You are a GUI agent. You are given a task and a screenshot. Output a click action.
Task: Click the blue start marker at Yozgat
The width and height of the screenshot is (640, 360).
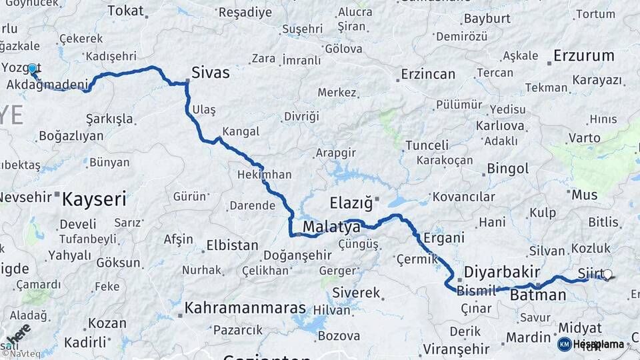tap(31, 68)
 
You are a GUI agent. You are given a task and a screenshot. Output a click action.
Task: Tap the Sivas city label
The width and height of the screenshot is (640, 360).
tap(210, 73)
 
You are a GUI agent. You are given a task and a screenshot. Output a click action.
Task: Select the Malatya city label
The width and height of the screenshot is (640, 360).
tap(331, 228)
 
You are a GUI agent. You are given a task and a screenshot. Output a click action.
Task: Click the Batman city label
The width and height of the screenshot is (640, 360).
tap(537, 295)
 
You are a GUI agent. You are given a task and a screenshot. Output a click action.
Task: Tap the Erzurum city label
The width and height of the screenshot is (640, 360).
tap(583, 56)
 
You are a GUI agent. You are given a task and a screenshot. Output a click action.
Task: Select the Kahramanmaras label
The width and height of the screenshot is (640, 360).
tap(245, 309)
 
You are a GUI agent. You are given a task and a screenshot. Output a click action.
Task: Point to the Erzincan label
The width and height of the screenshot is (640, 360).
tap(427, 74)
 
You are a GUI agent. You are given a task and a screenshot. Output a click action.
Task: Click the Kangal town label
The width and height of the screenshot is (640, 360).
tap(241, 131)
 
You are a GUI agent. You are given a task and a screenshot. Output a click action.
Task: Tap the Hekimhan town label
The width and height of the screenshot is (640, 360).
tap(264, 175)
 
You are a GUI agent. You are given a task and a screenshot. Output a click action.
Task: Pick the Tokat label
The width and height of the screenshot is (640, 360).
tap(125, 11)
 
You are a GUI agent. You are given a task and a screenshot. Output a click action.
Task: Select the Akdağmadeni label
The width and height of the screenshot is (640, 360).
tap(47, 85)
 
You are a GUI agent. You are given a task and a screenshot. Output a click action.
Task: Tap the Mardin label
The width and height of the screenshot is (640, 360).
tap(528, 337)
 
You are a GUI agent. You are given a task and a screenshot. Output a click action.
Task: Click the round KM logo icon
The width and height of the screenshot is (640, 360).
tap(564, 344)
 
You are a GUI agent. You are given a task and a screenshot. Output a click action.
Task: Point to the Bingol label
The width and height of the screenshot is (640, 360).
tap(507, 168)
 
